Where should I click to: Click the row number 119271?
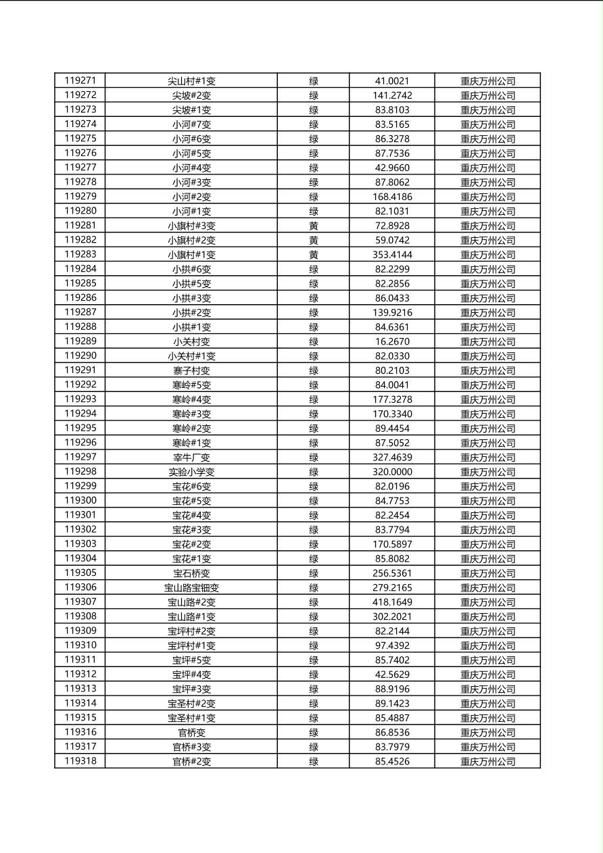80,80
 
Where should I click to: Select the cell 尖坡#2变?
191,95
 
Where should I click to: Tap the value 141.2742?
392,95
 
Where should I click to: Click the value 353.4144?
392,255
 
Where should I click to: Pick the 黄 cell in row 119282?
314,240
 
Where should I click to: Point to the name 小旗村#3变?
191,226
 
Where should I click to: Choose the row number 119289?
80,341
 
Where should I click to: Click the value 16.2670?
392,341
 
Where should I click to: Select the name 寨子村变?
191,370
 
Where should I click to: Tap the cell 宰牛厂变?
191,458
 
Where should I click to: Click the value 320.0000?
392,472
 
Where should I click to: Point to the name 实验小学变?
191,472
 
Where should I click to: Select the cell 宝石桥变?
191,573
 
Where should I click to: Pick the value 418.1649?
392,602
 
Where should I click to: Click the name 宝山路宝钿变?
191,588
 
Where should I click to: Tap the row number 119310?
80,645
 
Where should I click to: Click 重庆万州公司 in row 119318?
487,762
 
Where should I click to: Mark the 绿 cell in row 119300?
314,501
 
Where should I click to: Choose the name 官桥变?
191,733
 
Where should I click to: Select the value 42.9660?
392,168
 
